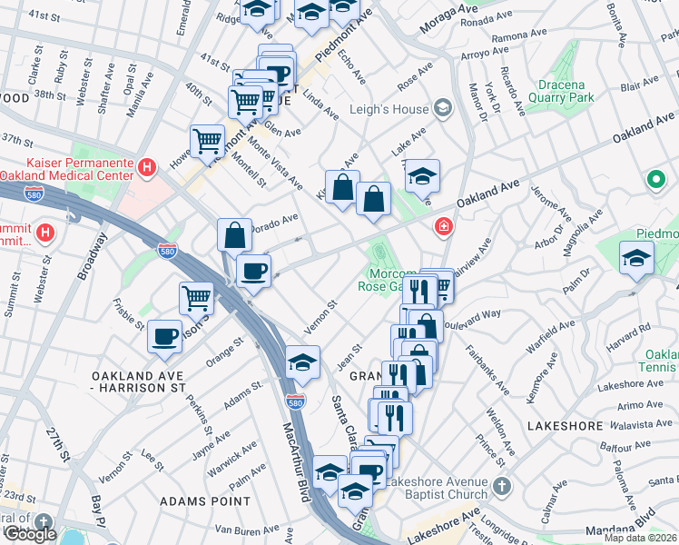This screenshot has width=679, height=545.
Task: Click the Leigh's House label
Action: coord(389,110)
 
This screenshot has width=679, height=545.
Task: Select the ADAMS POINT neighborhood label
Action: coord(205,500)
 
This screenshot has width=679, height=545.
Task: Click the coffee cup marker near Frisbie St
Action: coord(165,336)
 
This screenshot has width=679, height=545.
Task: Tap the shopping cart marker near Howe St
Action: coord(208,142)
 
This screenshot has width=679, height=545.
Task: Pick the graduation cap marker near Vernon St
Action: coord(302,362)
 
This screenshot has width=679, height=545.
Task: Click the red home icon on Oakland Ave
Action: coord(444,226)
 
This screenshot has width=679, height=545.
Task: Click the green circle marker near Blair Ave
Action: coord(655,181)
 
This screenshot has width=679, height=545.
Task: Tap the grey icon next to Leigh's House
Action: coord(442,109)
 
